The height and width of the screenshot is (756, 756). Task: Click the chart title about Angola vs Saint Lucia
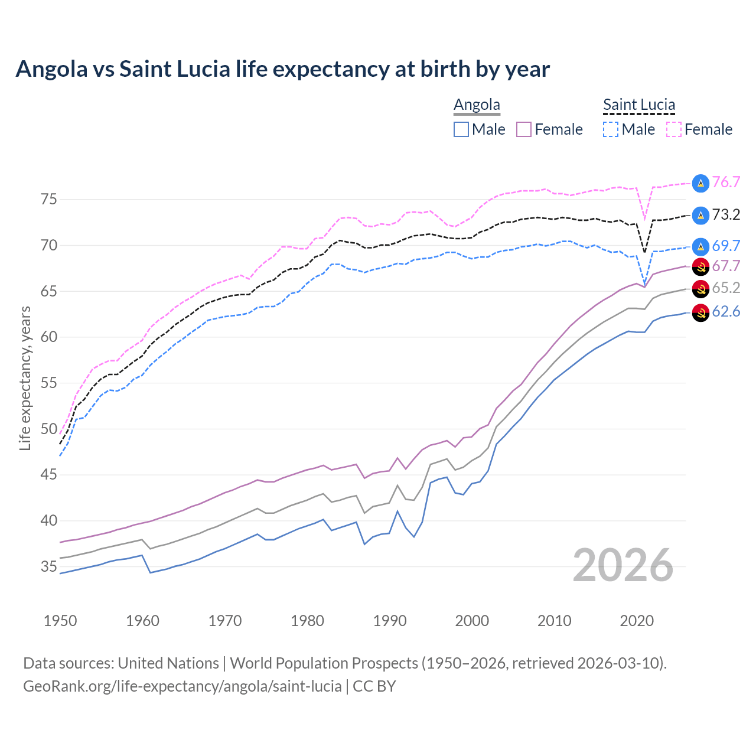pyautogui.click(x=282, y=69)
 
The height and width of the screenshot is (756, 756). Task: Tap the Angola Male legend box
pyautogui.click(x=461, y=129)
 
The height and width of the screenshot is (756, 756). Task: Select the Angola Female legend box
pyautogui.click(x=524, y=129)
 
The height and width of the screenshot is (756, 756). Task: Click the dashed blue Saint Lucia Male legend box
pyautogui.click(x=611, y=129)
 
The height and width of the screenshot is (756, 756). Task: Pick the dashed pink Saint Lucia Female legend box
pyautogui.click(x=674, y=129)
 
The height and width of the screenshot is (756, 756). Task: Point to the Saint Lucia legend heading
pyautogui.click(x=638, y=105)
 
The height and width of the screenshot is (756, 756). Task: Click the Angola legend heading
pyautogui.click(x=477, y=105)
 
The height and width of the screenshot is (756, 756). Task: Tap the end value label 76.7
pyautogui.click(x=726, y=182)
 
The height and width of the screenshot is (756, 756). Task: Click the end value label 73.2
pyautogui.click(x=726, y=214)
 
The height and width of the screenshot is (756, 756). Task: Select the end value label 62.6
pyautogui.click(x=726, y=311)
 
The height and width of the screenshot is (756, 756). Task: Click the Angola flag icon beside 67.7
pyautogui.click(x=700, y=266)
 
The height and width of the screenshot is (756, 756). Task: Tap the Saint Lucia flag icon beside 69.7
pyautogui.click(x=700, y=246)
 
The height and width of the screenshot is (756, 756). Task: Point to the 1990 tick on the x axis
pyautogui.click(x=390, y=621)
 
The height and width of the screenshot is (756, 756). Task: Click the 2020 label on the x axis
pyautogui.click(x=637, y=621)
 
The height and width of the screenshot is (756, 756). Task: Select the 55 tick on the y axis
pyautogui.click(x=49, y=383)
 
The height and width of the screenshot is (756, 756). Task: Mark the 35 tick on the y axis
pyautogui.click(x=49, y=567)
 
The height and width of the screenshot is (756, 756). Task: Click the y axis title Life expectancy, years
pyautogui.click(x=25, y=378)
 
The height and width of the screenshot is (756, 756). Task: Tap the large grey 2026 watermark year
pyautogui.click(x=623, y=565)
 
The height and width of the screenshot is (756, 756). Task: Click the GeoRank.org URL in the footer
pyautogui.click(x=183, y=686)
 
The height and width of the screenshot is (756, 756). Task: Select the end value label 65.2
pyautogui.click(x=726, y=288)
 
